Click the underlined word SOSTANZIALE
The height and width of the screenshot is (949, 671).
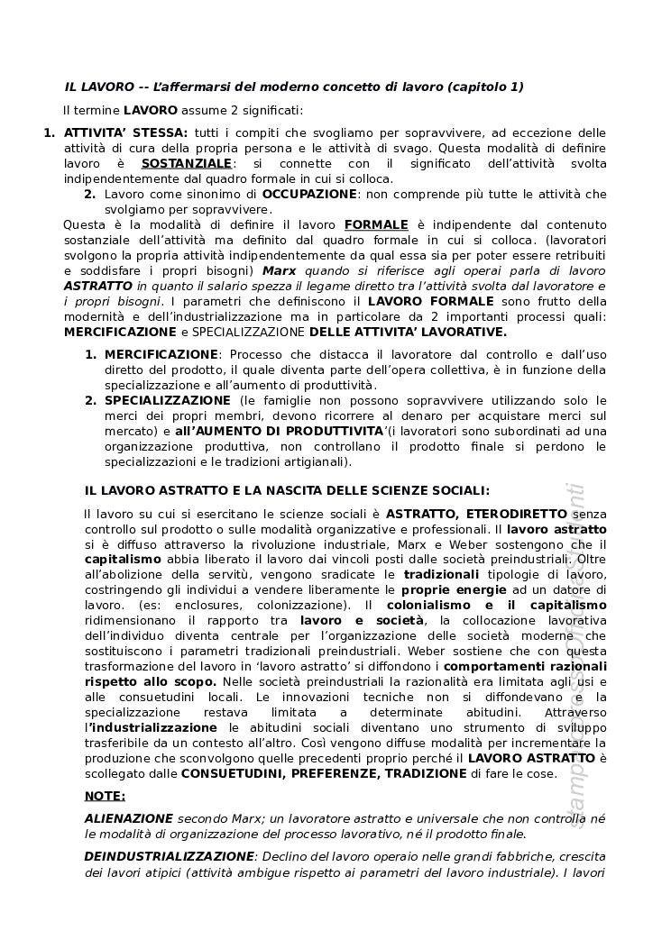(x=187, y=163)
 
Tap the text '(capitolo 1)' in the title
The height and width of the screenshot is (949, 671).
(x=486, y=87)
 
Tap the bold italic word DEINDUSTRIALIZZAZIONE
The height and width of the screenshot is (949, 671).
(x=169, y=855)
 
